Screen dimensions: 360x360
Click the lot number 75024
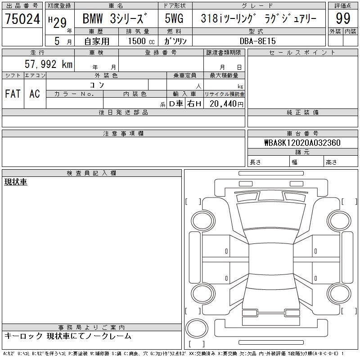pos(22,19)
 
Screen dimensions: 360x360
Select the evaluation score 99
pos(343,18)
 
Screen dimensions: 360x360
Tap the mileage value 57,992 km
pos(49,64)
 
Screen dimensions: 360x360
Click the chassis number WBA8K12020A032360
pos(302,143)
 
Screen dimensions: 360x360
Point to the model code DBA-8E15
pos(257,41)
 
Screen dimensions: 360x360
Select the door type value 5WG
pos(174,18)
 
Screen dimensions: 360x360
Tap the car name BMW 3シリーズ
pos(115,18)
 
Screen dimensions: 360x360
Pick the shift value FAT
pos(13,94)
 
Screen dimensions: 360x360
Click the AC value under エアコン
pos(35,94)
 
